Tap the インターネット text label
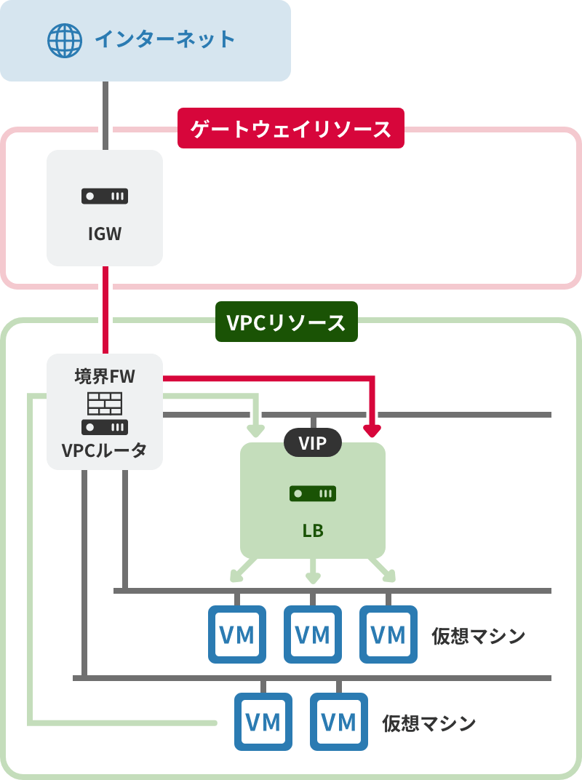tap(165, 39)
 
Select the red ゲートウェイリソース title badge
tap(290, 130)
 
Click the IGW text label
tap(105, 234)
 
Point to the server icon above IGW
tap(105, 196)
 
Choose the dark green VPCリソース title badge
tap(287, 322)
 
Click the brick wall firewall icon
tap(105, 402)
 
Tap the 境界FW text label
tap(105, 377)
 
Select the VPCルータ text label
tap(105, 450)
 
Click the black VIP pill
tap(313, 442)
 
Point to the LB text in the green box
tap(313, 531)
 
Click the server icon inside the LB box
tap(313, 494)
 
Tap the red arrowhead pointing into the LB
tap(372, 430)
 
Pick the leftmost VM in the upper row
tap(237, 634)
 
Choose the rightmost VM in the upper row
tap(388, 634)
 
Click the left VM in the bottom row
tap(263, 722)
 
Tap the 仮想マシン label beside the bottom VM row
tap(429, 723)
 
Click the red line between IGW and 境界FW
tap(105, 309)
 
